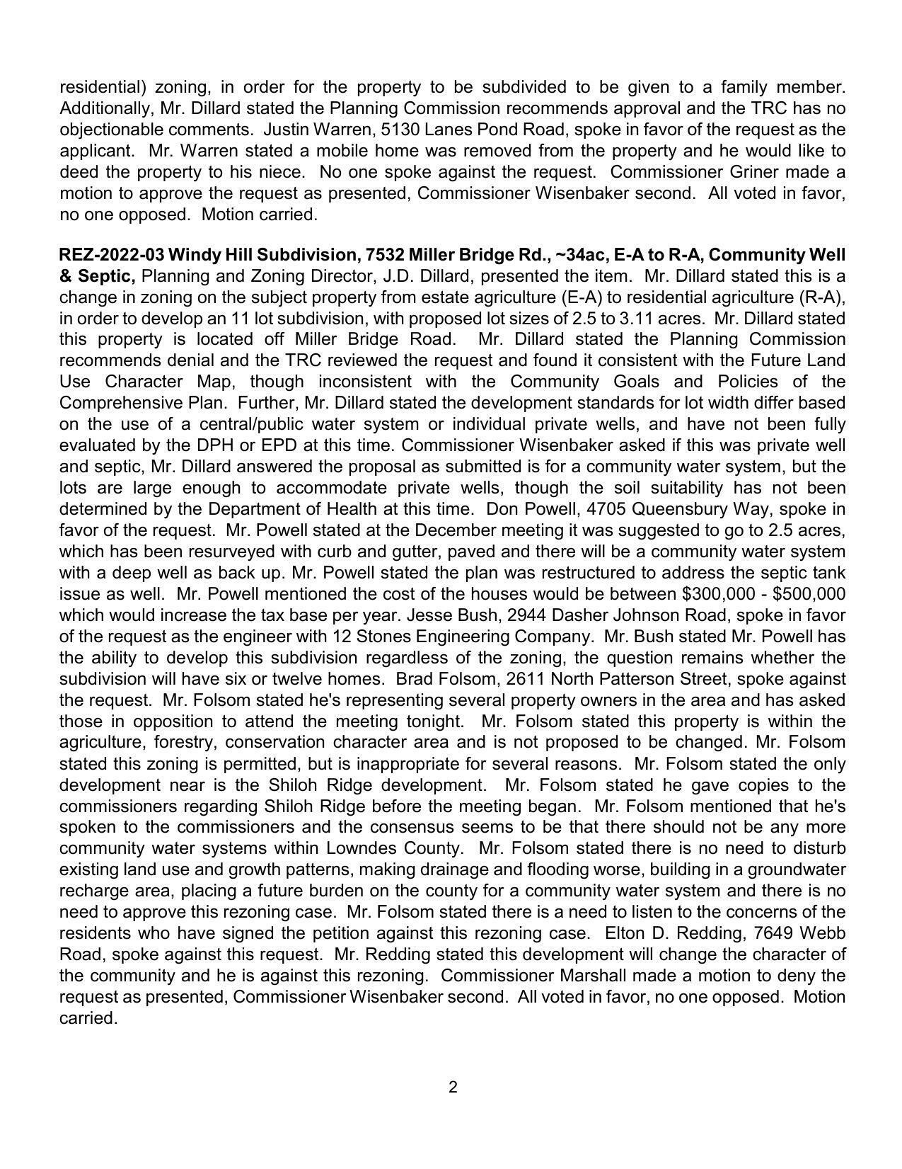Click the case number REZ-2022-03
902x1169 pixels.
click(110, 255)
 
